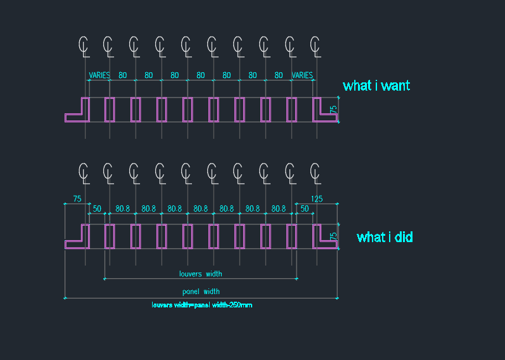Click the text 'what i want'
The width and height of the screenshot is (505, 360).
376,86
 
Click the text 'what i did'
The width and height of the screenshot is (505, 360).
385,237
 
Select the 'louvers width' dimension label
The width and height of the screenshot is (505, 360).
200,274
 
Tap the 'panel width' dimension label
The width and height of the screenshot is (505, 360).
201,292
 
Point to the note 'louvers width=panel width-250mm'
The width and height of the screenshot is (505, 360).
202,305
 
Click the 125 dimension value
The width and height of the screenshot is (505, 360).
317,199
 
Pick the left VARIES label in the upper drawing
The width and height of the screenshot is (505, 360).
99,75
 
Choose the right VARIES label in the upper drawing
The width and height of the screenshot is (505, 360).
302,75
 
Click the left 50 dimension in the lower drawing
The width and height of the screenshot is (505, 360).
97,209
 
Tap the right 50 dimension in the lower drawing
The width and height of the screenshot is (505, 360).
304,209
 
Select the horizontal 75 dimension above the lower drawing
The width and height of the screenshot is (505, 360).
77,199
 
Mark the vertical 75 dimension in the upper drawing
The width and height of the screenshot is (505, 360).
334,110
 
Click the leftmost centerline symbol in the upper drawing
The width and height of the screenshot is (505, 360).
84,47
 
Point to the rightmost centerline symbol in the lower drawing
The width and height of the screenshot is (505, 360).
316,174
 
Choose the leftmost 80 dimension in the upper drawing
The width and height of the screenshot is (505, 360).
123,75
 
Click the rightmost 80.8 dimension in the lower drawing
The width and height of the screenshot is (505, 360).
279,209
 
